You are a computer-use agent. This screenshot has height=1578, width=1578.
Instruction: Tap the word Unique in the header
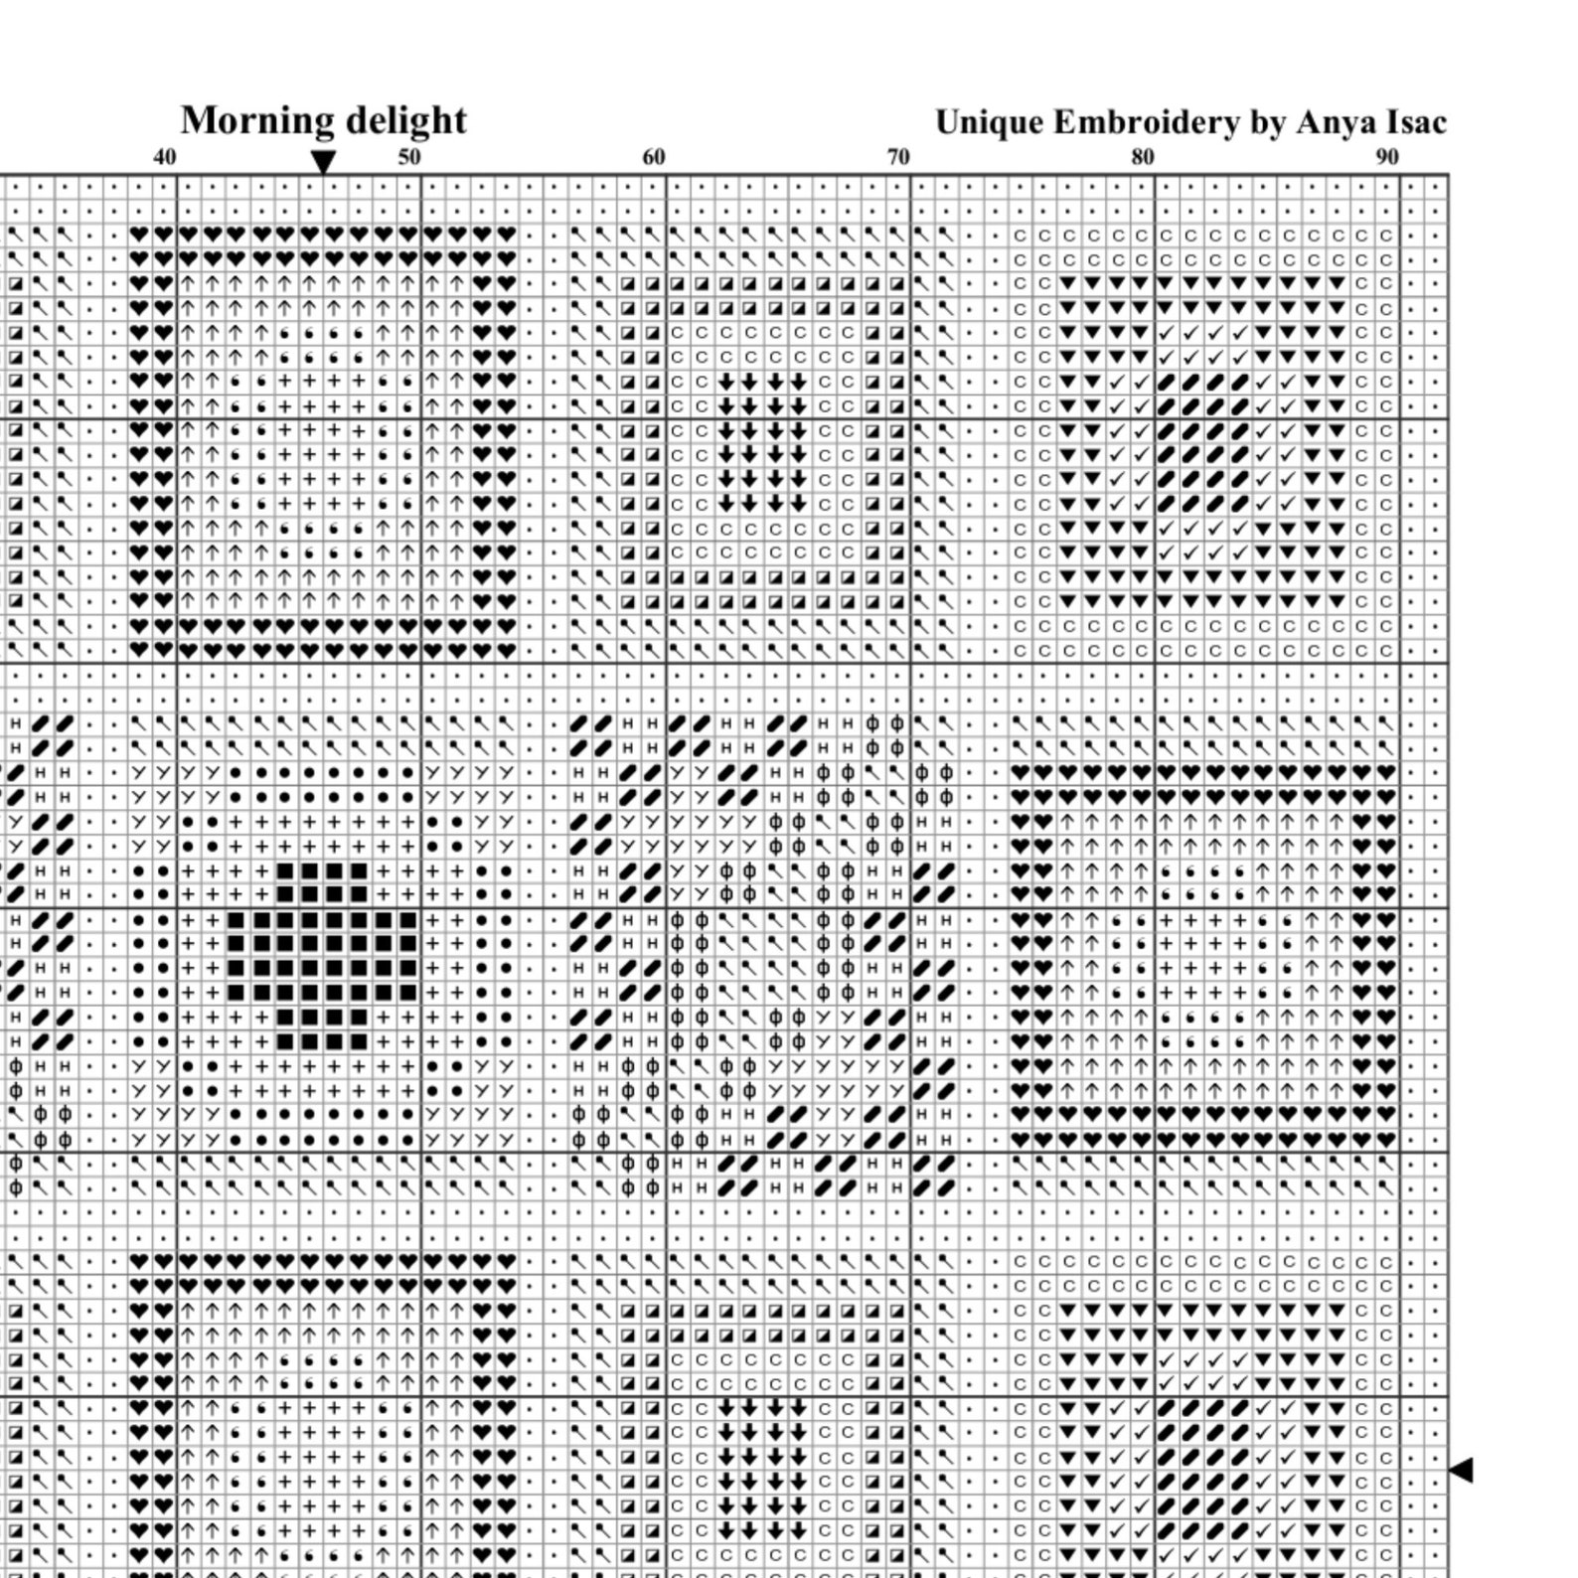click(x=989, y=122)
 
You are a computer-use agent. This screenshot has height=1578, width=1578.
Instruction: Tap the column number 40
click(x=165, y=157)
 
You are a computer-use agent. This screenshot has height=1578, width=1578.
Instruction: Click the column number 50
click(x=408, y=157)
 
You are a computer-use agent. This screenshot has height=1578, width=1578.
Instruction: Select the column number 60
click(x=653, y=157)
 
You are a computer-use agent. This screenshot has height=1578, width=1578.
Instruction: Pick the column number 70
click(x=897, y=157)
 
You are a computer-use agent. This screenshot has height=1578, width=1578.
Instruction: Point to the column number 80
click(x=1142, y=157)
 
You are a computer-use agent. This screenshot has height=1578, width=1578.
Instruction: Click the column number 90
click(x=1386, y=157)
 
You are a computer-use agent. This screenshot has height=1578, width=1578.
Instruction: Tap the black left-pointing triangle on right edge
click(x=1460, y=1469)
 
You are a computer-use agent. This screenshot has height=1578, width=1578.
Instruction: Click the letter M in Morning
click(x=199, y=121)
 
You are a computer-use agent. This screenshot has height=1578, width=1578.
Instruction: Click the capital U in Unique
click(x=949, y=122)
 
